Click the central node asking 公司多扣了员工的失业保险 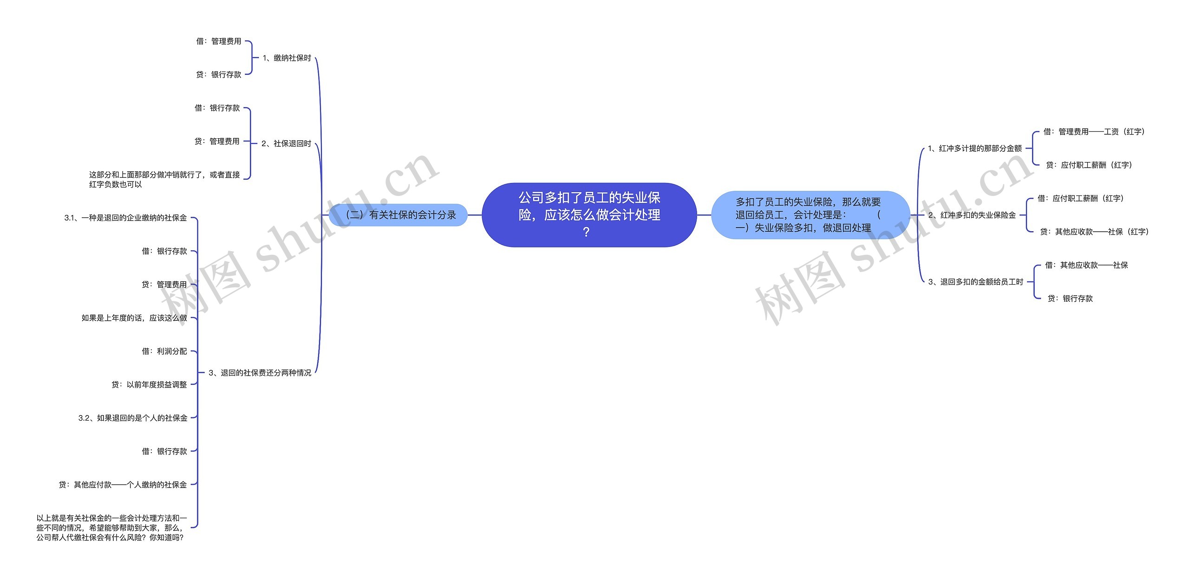[589, 214]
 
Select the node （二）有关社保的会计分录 [399, 215]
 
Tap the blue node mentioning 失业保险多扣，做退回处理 [810, 215]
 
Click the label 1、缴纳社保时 [287, 58]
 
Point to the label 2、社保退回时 [286, 143]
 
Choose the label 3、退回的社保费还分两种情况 [260, 373]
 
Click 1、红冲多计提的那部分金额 [974, 149]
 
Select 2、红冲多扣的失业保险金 [972, 215]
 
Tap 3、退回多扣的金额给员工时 [975, 282]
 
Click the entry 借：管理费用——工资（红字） [1094, 132]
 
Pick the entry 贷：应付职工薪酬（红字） [1089, 165]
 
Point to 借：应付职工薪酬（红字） [1080, 199]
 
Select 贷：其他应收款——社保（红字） [1094, 232]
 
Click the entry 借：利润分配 [164, 351]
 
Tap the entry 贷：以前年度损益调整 [149, 385]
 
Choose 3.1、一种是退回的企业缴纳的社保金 [125, 218]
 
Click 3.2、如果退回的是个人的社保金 [133, 418]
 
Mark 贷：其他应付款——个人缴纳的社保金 [123, 485]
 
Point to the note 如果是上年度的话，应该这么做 [134, 318]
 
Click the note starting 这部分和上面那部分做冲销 [164, 180]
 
